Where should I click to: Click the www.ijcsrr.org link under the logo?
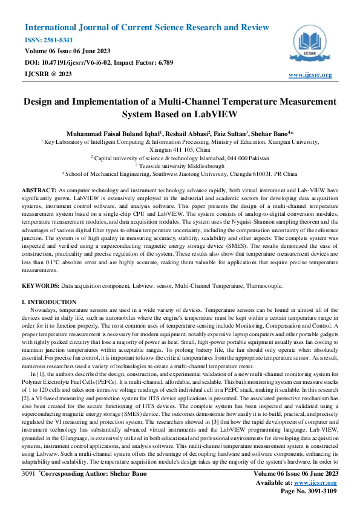tap(310, 75)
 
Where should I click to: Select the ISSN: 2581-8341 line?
tap(48, 40)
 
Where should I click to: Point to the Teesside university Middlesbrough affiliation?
tap(180, 165)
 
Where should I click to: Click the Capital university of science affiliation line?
tap(180, 157)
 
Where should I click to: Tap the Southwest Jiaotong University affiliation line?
tap(180, 173)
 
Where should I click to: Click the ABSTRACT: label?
tap(40, 190)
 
